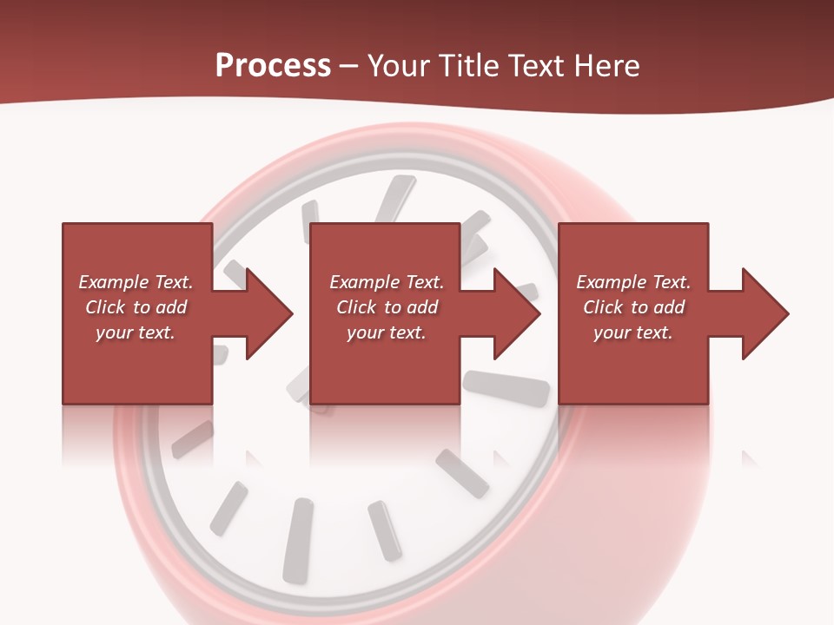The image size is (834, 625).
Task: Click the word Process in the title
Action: (273, 66)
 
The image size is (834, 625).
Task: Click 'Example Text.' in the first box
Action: (136, 282)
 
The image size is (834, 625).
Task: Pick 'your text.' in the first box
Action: (136, 332)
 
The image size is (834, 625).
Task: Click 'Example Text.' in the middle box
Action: (387, 282)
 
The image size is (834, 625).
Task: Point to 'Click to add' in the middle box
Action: (387, 307)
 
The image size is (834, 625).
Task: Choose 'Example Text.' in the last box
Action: (633, 282)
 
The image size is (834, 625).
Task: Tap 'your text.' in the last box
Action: (633, 332)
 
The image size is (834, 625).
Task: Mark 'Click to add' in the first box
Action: (136, 307)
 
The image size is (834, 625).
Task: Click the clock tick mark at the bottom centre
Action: (298, 538)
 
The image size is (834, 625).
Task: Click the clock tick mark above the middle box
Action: (396, 199)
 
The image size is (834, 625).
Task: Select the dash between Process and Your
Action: (349, 66)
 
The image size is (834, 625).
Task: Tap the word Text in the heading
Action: (535, 66)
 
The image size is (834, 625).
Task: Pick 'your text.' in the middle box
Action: (387, 332)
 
